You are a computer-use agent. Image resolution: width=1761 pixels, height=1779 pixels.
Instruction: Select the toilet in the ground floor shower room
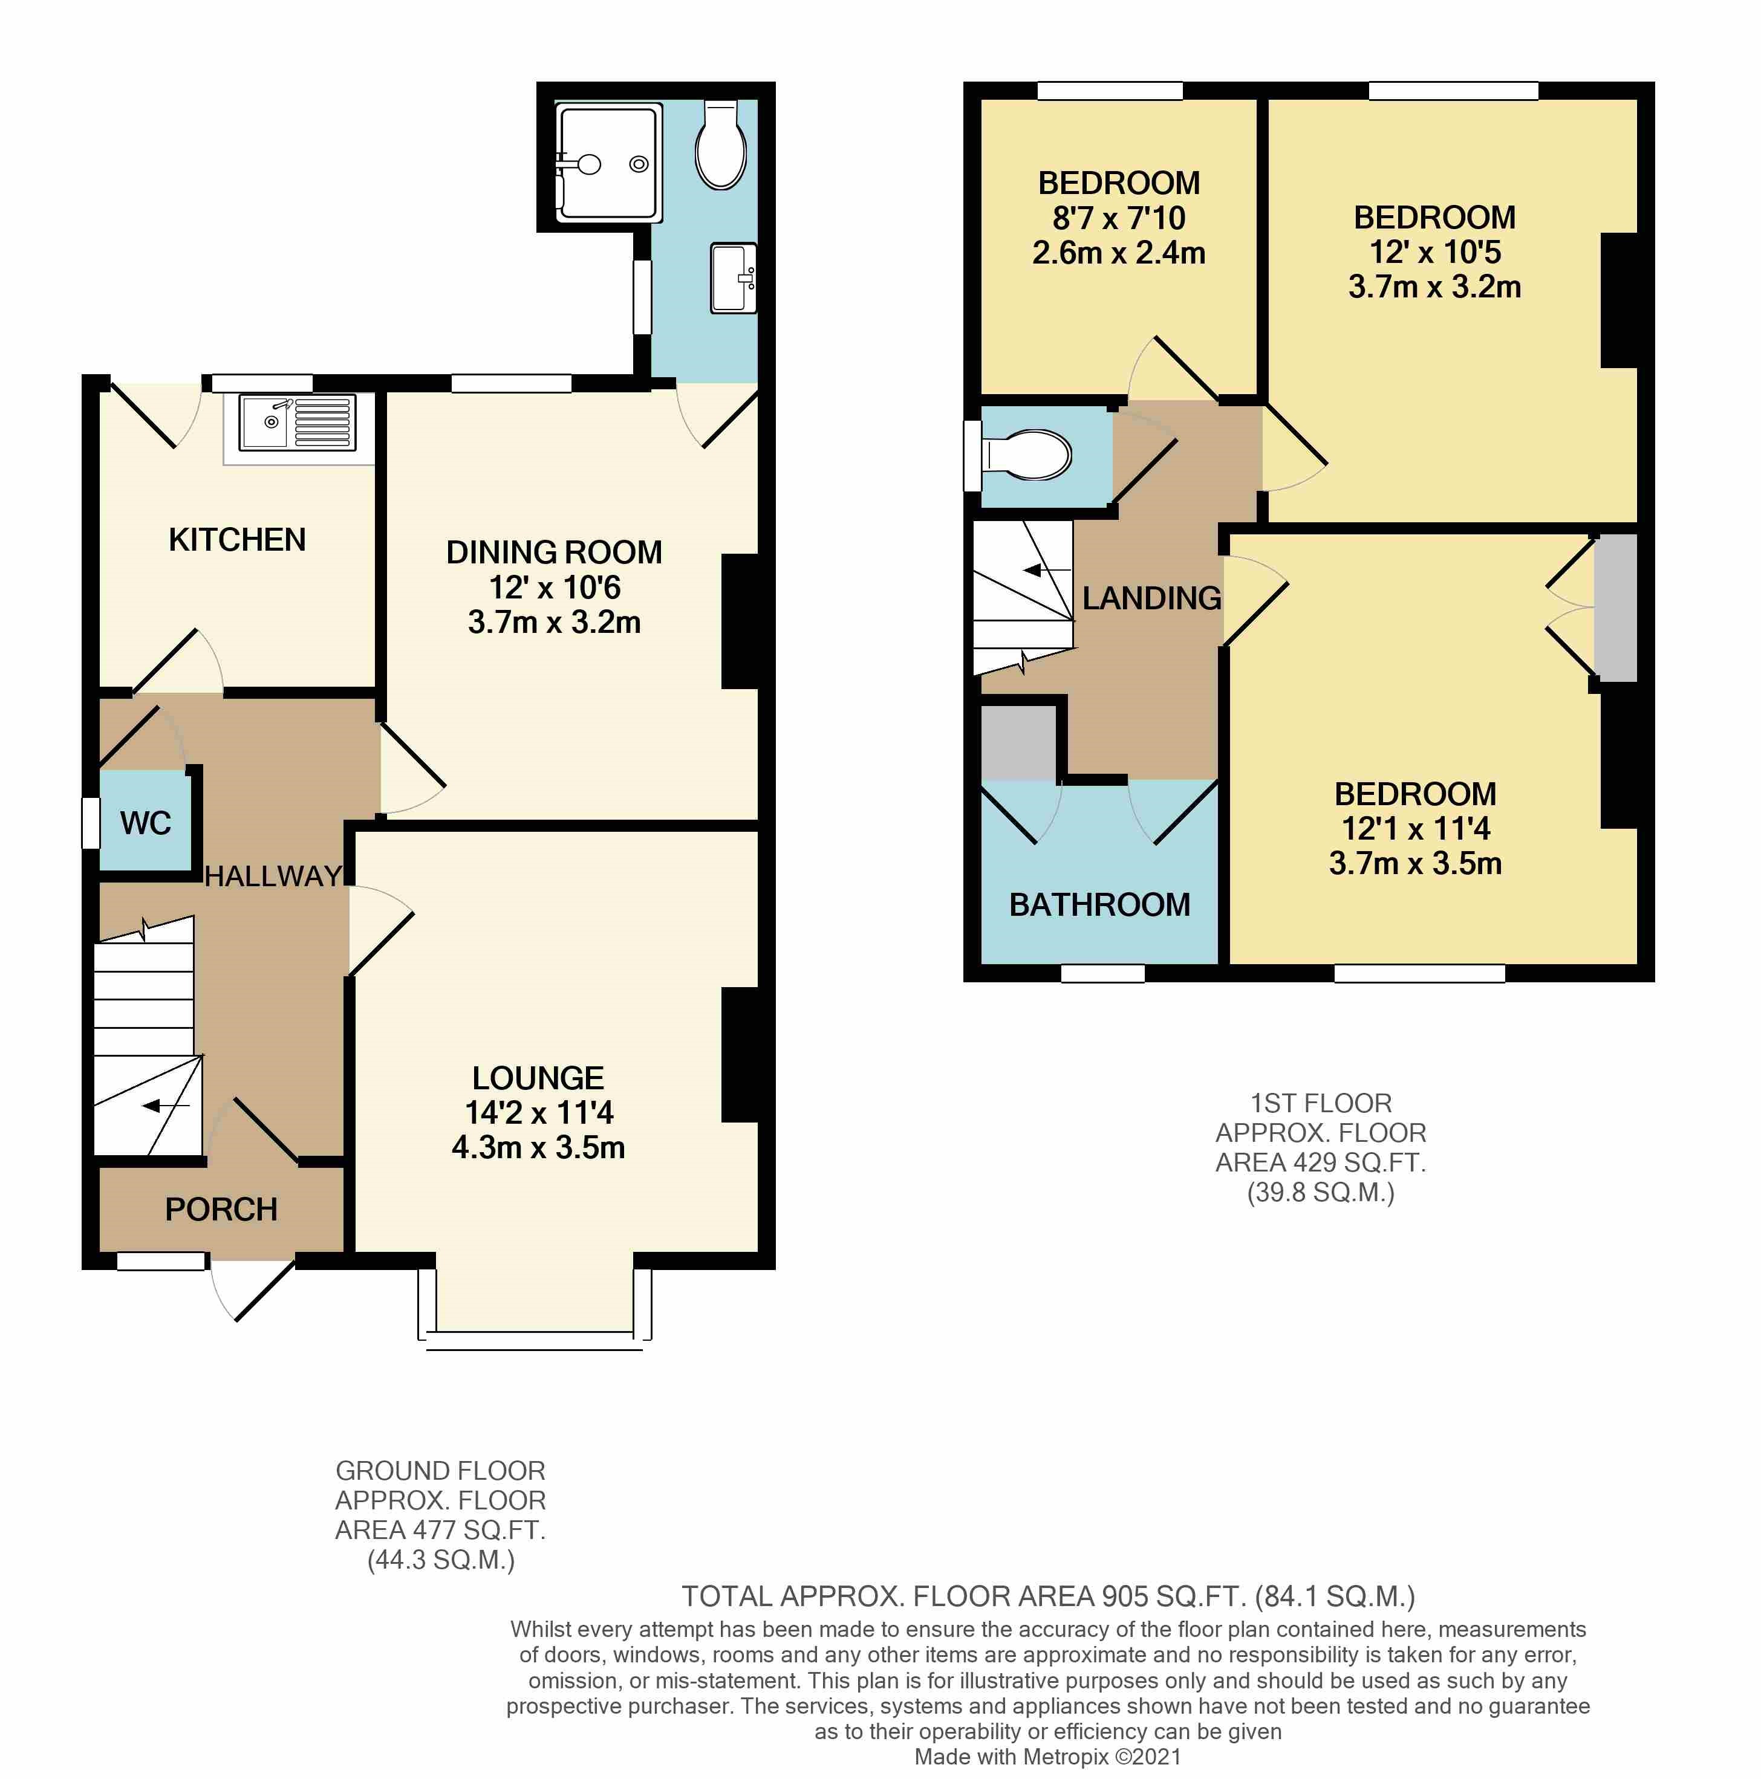coord(720,148)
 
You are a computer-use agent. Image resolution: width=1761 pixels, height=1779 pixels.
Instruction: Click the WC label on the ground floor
coord(146,822)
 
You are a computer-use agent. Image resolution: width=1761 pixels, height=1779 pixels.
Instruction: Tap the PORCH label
coord(221,1209)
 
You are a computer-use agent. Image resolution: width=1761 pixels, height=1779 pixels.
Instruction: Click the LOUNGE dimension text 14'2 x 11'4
coord(539,1112)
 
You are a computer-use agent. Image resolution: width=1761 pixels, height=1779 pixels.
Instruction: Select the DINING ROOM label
coord(553,552)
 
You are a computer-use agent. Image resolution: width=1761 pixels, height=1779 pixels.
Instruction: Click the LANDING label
coord(1151,598)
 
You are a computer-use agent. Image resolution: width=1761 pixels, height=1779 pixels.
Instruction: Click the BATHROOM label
coord(1099,905)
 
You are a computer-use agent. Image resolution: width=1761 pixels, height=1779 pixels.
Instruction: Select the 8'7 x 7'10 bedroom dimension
coord(1118,218)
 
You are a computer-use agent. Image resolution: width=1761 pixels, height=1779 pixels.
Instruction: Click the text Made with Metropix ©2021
coord(1047,1756)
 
